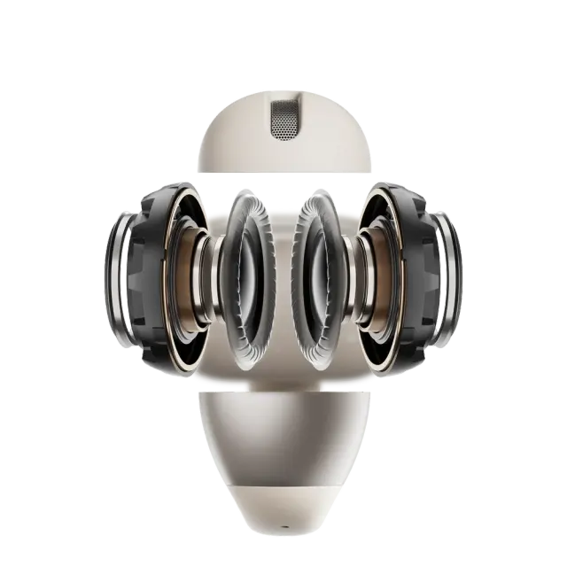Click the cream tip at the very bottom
click(283, 523)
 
